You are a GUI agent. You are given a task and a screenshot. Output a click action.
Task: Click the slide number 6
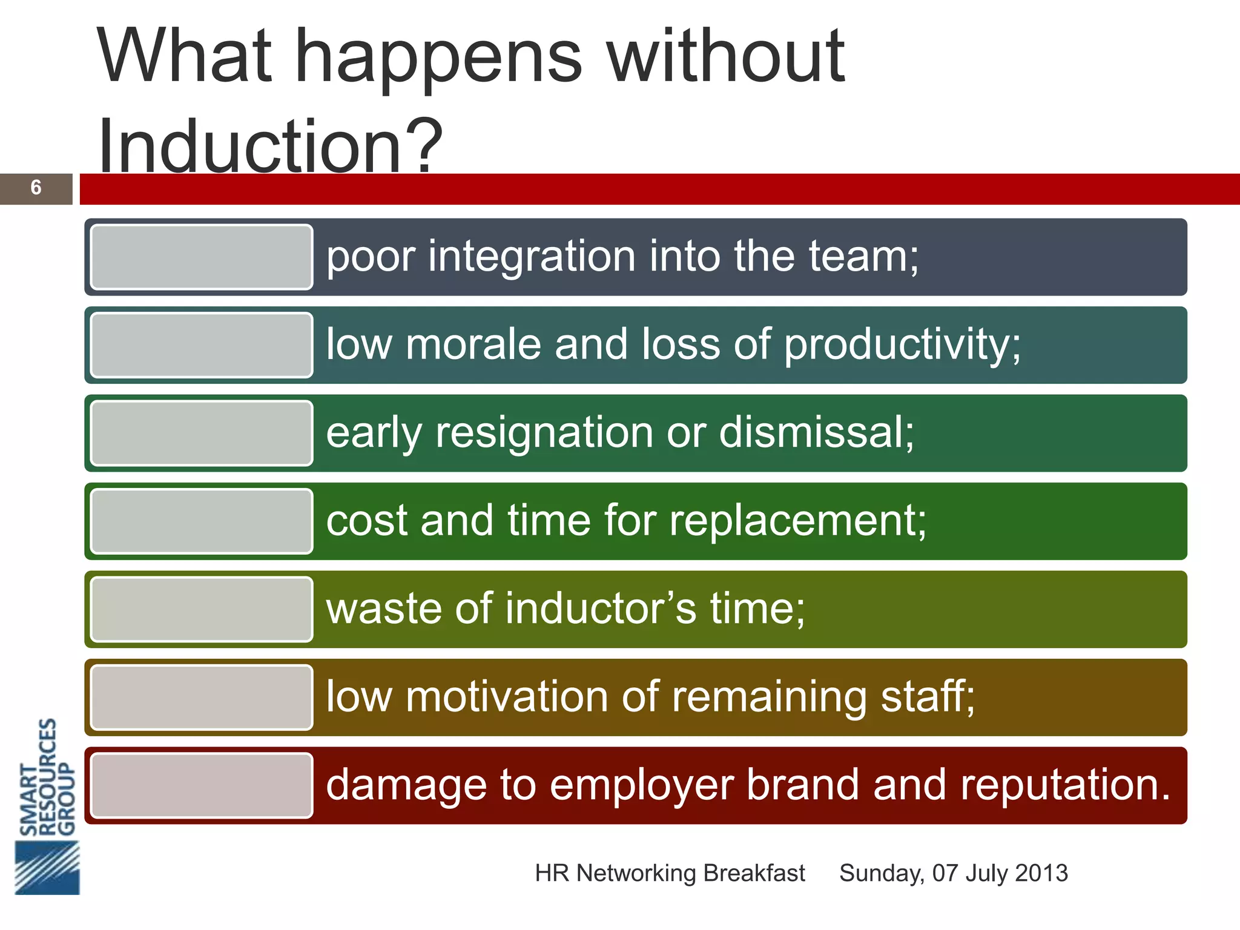(x=36, y=188)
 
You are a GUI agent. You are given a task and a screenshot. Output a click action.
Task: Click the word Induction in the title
(x=249, y=147)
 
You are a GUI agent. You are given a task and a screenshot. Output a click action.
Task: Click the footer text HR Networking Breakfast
(x=670, y=873)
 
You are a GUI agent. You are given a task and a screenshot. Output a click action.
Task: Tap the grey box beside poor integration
(x=202, y=257)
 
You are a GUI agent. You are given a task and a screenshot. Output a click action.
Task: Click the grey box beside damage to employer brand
(x=202, y=785)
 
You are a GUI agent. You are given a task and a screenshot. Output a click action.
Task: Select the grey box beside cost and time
(x=202, y=521)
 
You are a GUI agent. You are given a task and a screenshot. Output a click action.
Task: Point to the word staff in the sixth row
(x=927, y=697)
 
